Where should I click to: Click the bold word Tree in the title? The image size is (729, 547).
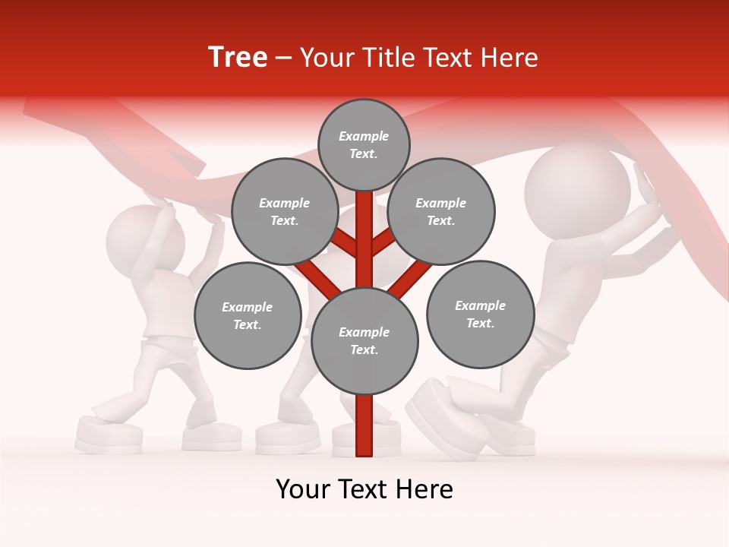click(x=238, y=58)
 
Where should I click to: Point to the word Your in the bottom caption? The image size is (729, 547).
click(x=305, y=489)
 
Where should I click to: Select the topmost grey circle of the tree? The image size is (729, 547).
click(x=364, y=144)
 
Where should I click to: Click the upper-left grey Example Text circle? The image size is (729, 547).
click(x=284, y=211)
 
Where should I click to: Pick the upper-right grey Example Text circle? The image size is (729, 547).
click(x=440, y=211)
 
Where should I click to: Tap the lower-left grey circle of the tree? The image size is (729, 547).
click(x=248, y=315)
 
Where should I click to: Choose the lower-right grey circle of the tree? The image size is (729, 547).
click(x=480, y=314)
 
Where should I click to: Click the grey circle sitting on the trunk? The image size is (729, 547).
click(x=364, y=340)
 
